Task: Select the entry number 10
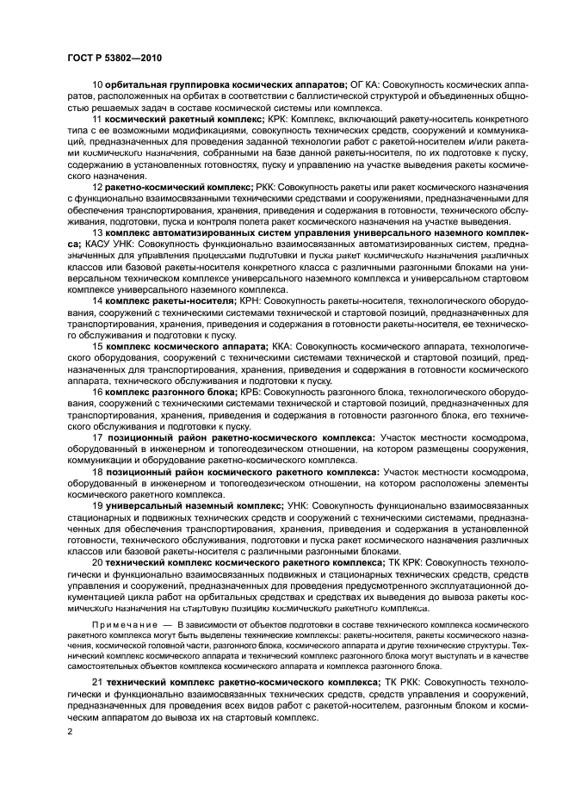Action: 97,84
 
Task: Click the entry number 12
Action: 97,186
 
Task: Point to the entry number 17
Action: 97,438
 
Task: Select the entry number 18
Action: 97,472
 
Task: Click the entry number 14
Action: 97,300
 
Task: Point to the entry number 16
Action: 97,392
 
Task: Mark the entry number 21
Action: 97,683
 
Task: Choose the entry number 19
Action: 97,506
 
